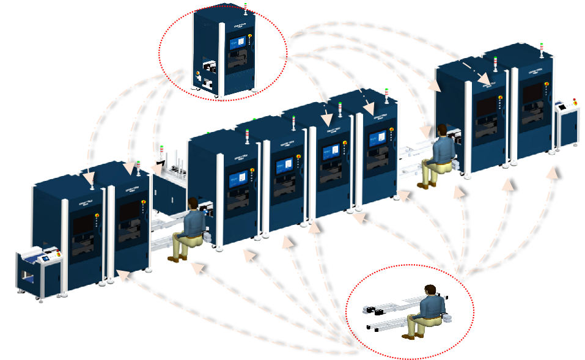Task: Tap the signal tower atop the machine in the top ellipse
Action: point(245,8)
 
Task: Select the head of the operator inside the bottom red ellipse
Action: point(431,291)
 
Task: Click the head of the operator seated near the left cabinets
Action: point(193,203)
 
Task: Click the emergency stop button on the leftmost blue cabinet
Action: point(97,215)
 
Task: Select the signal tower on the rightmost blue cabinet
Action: point(542,49)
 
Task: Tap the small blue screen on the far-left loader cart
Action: point(45,259)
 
